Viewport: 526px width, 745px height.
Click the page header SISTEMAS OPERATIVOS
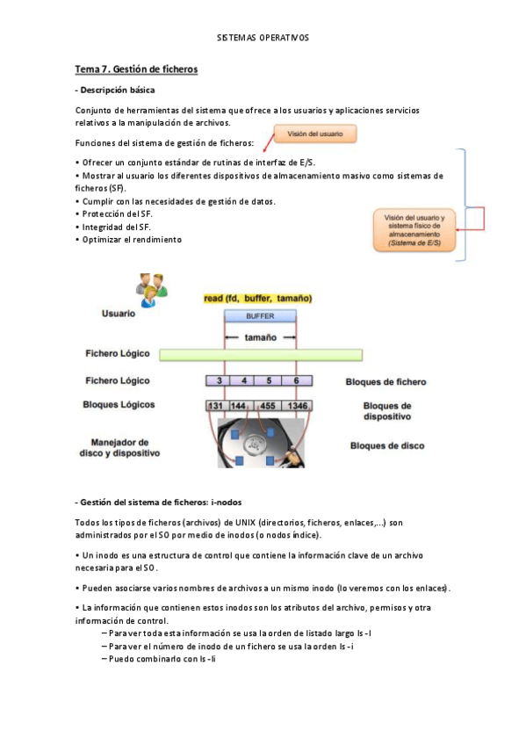[x=263, y=38]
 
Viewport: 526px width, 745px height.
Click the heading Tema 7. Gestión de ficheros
[x=136, y=69]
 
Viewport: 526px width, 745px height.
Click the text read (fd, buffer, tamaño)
[x=257, y=299]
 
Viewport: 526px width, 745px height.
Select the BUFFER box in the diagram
[x=259, y=315]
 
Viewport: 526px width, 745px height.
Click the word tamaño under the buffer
[x=261, y=336]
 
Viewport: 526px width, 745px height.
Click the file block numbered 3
[x=219, y=381]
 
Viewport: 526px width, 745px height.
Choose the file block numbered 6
[x=298, y=381]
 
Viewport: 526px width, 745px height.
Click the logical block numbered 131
[x=215, y=406]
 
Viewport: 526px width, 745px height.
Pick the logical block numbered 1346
[x=298, y=406]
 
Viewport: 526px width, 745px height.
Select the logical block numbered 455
[x=268, y=406]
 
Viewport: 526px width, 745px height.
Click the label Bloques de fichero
[x=386, y=382]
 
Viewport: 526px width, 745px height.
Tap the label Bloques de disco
[x=387, y=446]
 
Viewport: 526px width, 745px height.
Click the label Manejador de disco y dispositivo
[x=125, y=448]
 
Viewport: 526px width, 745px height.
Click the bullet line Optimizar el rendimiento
[x=132, y=239]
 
